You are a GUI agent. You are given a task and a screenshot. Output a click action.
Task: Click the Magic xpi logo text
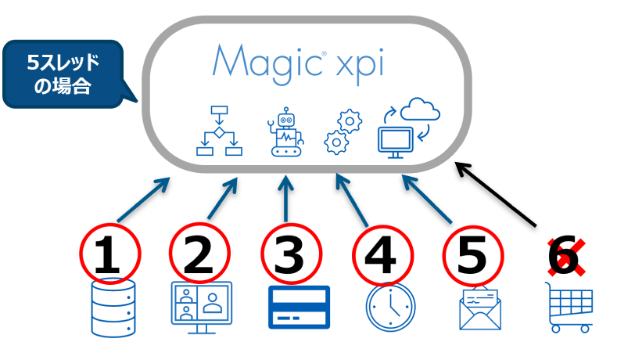click(x=298, y=62)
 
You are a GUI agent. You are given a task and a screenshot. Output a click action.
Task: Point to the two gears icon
click(x=343, y=131)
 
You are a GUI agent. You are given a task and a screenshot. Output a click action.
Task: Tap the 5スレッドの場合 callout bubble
click(x=63, y=74)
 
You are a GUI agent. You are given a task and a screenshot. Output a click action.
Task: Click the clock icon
click(x=390, y=307)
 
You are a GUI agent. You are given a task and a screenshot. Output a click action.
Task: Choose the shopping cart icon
click(x=569, y=307)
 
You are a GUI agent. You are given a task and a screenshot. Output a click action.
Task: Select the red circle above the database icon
click(x=110, y=254)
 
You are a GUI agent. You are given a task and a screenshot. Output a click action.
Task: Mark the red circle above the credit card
click(x=291, y=254)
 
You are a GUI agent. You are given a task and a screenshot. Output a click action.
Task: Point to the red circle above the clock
click(x=382, y=254)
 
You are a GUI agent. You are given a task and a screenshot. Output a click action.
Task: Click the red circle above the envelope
click(x=473, y=254)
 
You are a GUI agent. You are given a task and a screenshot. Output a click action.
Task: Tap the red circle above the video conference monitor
click(x=199, y=254)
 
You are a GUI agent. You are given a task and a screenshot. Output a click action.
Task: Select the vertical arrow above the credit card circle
click(x=286, y=199)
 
